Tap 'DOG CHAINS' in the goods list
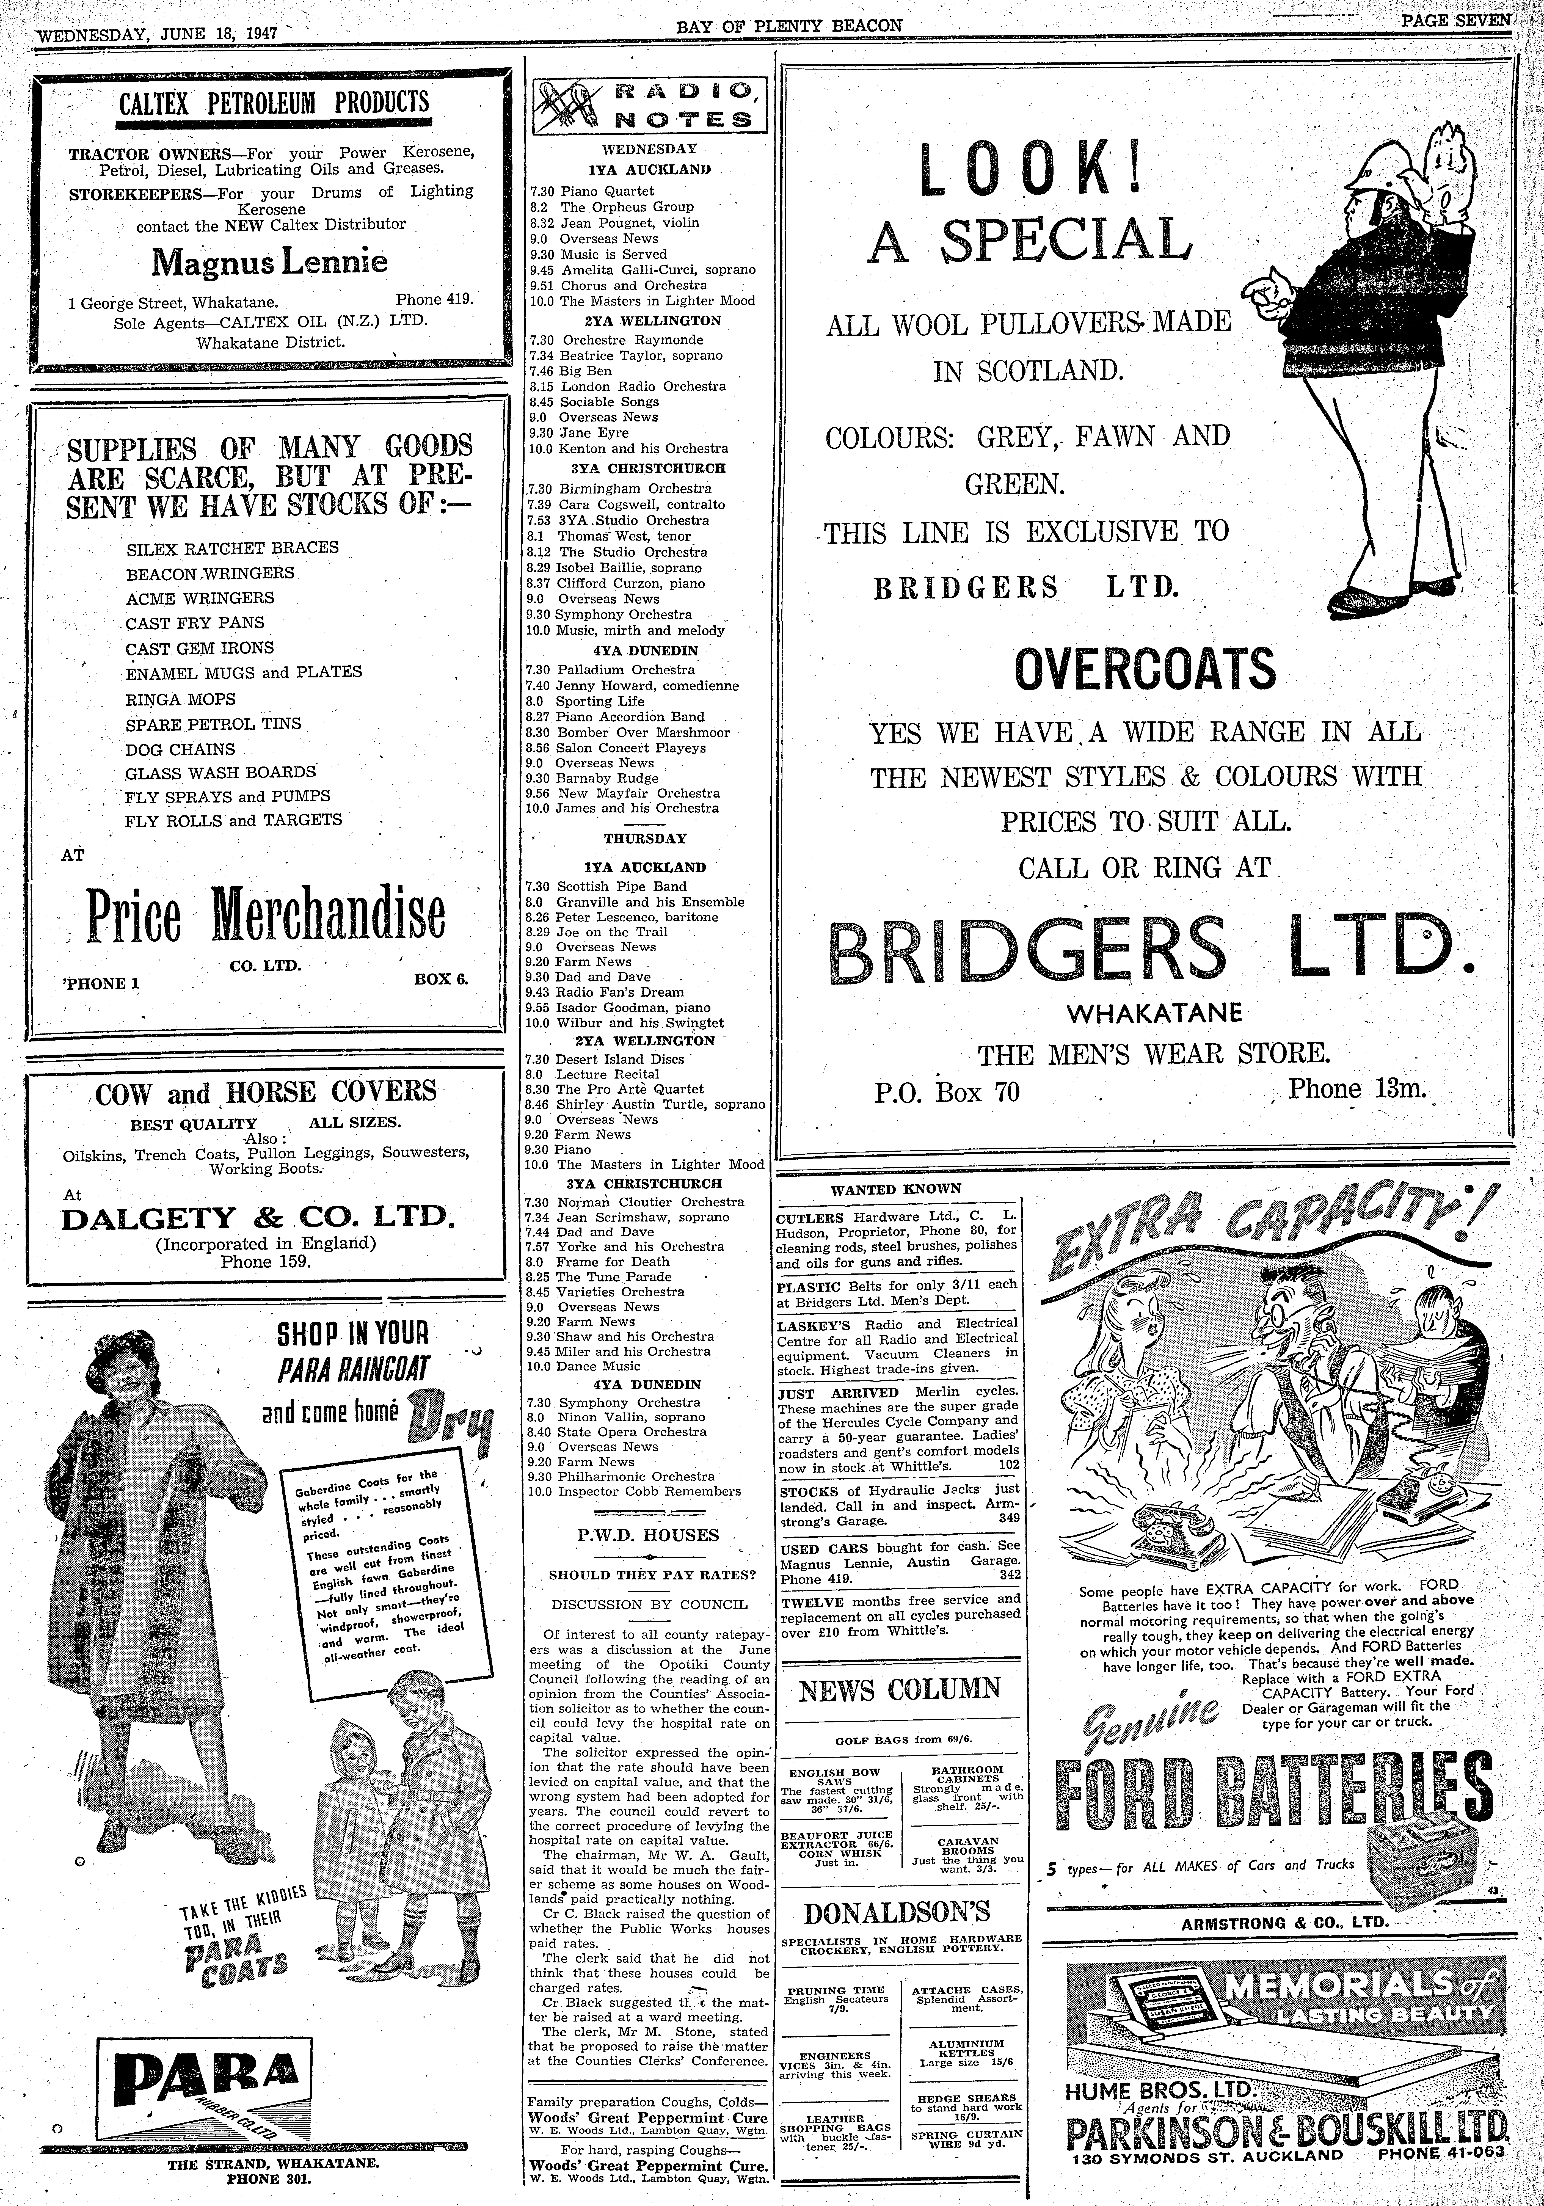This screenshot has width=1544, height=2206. click(180, 749)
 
